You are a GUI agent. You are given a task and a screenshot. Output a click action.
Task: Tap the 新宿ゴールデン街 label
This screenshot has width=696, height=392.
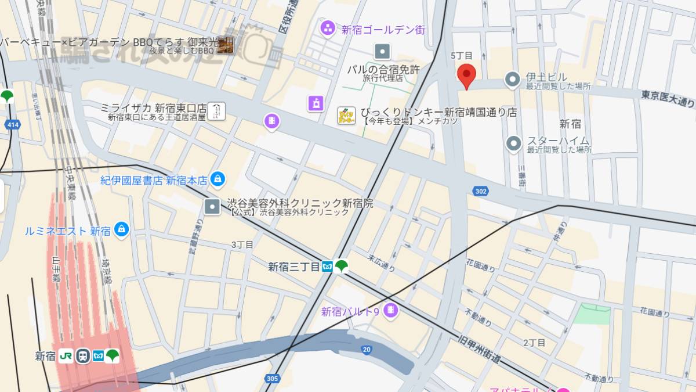(383, 29)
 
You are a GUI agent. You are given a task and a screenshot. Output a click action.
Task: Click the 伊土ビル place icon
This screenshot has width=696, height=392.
(513, 79)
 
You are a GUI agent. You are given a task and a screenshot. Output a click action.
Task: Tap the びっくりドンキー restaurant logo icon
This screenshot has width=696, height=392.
(346, 115)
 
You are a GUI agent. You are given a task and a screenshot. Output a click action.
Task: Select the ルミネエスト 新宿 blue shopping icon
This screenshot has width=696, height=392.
(121, 230)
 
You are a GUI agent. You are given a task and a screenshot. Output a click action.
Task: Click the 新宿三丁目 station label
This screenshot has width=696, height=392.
(293, 267)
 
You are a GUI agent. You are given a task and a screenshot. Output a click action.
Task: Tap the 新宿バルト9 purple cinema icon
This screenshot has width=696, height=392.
(391, 311)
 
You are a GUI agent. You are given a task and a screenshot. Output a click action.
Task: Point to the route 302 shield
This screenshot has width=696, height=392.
(480, 190)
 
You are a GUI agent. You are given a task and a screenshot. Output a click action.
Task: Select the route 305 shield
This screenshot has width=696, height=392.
(272, 379)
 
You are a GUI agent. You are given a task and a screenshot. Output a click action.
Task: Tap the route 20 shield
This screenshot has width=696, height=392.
(366, 349)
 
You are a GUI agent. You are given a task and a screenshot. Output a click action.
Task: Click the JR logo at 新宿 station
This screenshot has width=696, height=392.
(66, 355)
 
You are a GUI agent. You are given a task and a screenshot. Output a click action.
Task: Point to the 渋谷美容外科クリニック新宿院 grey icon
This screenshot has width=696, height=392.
(212, 206)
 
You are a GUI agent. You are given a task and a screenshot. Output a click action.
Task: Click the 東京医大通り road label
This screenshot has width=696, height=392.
(668, 98)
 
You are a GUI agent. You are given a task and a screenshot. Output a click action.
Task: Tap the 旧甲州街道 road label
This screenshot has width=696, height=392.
(479, 348)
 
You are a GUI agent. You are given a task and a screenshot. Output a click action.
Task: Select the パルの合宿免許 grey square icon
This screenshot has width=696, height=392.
(383, 52)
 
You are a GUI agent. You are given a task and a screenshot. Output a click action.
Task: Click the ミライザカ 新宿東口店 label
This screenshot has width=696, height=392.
(153, 108)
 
